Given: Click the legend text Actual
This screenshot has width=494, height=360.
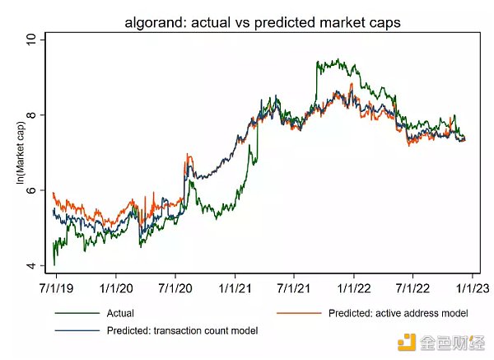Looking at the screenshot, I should (120, 314).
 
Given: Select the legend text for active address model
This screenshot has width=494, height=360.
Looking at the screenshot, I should (398, 314).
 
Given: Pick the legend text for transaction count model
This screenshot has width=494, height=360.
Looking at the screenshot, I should (182, 330).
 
